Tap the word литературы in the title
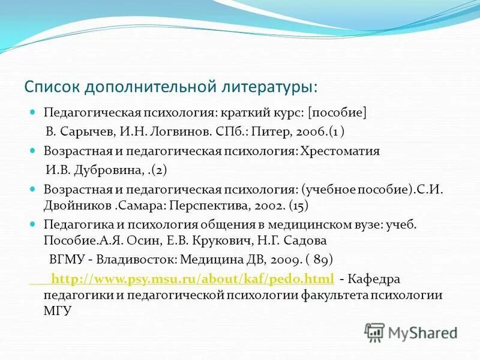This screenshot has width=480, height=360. pos(267,86)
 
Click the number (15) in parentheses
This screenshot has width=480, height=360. pos(299,205)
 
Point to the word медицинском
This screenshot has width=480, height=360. pos(291,224)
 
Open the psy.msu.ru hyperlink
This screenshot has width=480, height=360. pos(193,279)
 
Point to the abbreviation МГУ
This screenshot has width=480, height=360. pos(58,311)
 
